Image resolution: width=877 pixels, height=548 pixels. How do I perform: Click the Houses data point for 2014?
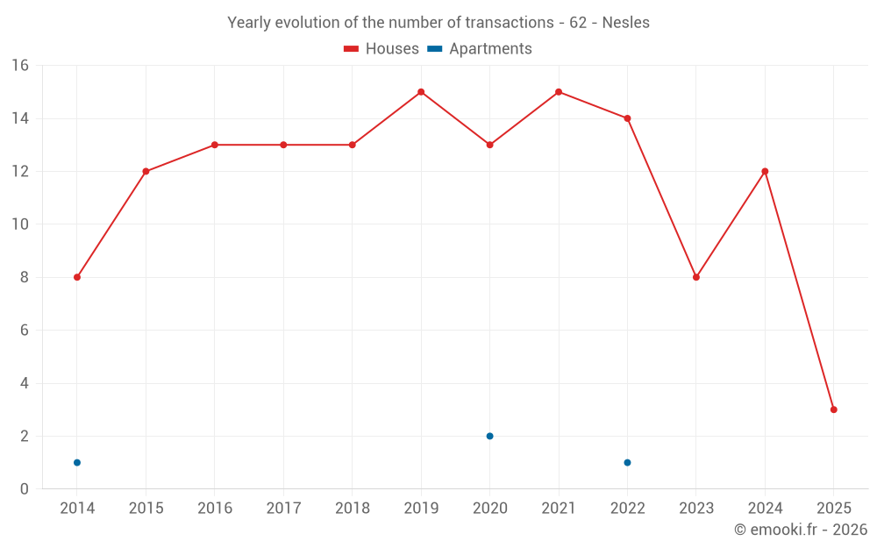click(x=77, y=277)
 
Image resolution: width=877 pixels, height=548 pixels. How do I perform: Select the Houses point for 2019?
click(x=421, y=92)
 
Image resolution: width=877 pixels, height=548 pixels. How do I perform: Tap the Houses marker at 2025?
click(x=834, y=409)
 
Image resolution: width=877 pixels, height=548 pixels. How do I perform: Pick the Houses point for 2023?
click(x=696, y=277)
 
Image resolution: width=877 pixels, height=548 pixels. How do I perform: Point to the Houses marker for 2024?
click(x=765, y=171)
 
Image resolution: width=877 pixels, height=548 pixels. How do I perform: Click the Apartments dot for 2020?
click(x=489, y=436)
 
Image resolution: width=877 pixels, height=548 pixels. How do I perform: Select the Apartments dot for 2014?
click(x=77, y=462)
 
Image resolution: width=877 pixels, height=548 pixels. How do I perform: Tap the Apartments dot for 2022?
click(x=627, y=462)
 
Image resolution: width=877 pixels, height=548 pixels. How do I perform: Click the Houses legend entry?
click(x=381, y=49)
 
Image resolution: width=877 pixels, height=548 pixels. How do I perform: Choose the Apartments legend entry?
click(x=480, y=49)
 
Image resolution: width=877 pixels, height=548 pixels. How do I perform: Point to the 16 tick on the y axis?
click(x=20, y=66)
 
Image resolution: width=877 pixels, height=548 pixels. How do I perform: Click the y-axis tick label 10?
click(x=20, y=224)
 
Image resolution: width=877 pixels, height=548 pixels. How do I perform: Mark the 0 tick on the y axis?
click(x=25, y=489)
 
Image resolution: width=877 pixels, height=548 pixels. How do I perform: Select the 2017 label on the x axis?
click(x=283, y=509)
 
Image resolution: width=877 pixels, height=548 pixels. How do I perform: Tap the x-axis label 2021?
click(x=559, y=509)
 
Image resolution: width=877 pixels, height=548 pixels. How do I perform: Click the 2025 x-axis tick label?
click(x=834, y=509)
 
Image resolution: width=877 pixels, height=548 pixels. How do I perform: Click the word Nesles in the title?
click(x=625, y=23)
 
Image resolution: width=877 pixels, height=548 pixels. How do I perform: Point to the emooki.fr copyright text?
click(x=801, y=530)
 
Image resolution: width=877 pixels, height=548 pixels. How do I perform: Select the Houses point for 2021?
click(x=559, y=92)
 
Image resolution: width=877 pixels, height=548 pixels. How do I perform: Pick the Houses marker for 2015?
click(x=146, y=171)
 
